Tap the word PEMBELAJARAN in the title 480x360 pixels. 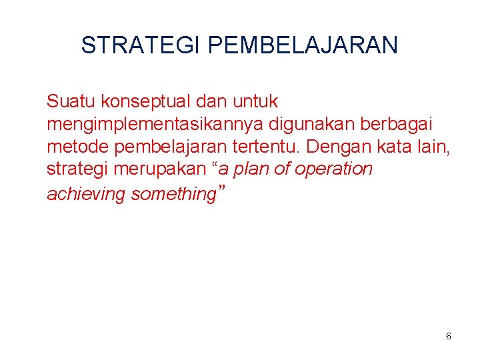[x=303, y=45]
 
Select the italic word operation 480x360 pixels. [x=333, y=169]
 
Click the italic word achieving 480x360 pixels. [x=86, y=194]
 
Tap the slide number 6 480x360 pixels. [x=449, y=337]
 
